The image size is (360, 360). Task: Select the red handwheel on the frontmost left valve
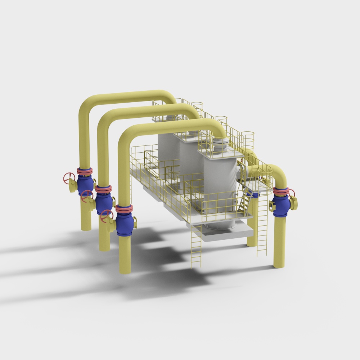coord(106,215)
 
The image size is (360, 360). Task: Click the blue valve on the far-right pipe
coord(282,205)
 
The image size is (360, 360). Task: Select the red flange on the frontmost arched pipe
coord(124,208)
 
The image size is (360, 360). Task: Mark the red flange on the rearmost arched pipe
coord(85,171)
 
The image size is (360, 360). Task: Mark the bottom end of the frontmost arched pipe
coord(125,268)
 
